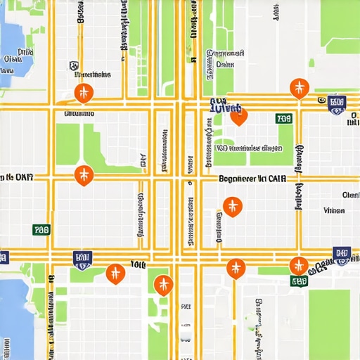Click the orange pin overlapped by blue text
(238, 115)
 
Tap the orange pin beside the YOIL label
(115, 273)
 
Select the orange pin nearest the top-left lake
(84, 92)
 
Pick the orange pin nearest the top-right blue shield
(299, 88)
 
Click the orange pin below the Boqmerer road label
(232, 206)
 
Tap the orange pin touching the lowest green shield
(299, 266)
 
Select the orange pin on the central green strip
(163, 284)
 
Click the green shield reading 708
(284, 119)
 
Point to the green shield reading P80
(41, 229)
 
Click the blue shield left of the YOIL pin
(82, 259)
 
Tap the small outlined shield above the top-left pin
(73, 66)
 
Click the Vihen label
(334, 210)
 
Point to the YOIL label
(137, 265)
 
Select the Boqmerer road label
(252, 179)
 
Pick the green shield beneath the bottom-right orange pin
(300, 281)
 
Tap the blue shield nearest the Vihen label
(342, 255)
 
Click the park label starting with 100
(250, 148)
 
